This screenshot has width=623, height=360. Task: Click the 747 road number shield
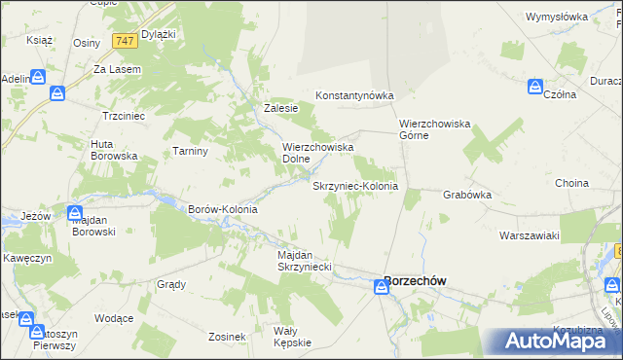[x=124, y=41]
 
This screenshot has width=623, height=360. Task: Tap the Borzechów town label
[x=416, y=280]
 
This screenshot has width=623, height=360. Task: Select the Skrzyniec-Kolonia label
[x=354, y=185]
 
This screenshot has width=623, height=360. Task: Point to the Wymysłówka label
[x=557, y=18]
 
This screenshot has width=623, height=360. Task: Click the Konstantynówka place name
[x=353, y=95]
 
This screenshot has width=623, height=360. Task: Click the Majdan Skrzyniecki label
[x=306, y=260]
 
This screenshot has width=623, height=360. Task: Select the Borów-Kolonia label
[x=222, y=209]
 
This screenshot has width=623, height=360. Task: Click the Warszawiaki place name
[x=529, y=235]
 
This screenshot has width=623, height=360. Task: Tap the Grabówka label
[x=467, y=195]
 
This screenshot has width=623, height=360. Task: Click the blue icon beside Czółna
[x=535, y=87]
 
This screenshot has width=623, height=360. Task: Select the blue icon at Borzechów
[x=381, y=286]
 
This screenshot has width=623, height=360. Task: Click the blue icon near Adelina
[x=38, y=78]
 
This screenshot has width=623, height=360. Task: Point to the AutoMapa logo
[x=555, y=342]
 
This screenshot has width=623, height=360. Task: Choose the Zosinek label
[x=226, y=337]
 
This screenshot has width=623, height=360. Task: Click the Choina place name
[x=571, y=183]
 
